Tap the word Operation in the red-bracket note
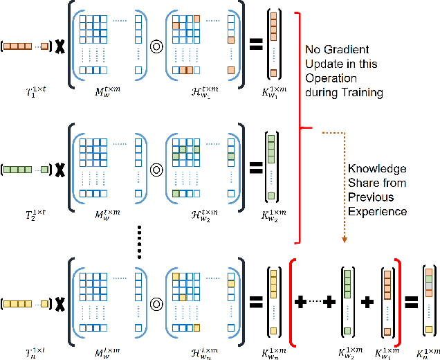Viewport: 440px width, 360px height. click(x=329, y=78)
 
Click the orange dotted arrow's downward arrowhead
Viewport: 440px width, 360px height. click(x=344, y=240)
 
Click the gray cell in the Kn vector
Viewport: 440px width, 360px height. click(x=429, y=286)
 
